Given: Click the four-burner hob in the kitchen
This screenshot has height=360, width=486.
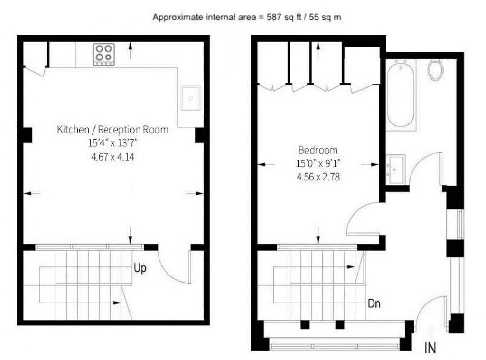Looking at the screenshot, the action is click(104, 54).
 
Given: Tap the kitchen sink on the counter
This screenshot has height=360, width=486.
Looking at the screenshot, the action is click(191, 98).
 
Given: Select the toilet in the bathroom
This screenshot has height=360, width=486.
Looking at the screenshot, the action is click(436, 70).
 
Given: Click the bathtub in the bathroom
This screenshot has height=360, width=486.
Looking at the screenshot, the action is click(401, 94).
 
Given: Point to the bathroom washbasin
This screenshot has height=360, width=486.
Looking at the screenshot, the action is click(396, 169).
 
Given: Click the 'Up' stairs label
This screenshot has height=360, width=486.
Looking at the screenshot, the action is click(140, 268).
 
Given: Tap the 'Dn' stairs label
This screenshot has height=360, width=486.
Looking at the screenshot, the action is click(374, 303).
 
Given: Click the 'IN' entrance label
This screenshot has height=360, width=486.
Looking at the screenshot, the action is click(430, 348).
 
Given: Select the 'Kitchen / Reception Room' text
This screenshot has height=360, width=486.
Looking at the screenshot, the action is click(113, 129).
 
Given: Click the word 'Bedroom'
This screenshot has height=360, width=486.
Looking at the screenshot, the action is click(318, 150).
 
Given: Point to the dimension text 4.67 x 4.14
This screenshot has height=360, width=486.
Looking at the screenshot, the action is click(113, 157).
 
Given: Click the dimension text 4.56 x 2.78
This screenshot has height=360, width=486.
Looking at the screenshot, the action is click(318, 177).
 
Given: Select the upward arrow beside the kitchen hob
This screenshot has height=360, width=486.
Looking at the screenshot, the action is click(131, 50).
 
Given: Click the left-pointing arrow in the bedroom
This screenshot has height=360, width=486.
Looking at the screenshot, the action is click(266, 165).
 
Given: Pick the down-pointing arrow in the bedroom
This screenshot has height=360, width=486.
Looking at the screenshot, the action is click(318, 235).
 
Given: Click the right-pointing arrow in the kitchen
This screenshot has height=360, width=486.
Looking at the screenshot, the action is click(195, 193).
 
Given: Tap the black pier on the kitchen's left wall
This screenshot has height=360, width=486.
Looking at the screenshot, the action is click(28, 135).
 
